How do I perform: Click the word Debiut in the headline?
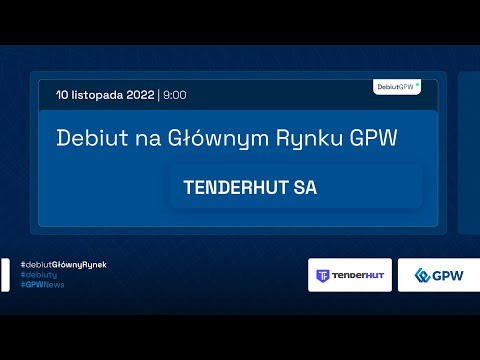87,139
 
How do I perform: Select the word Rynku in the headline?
289,139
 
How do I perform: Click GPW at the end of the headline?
372,139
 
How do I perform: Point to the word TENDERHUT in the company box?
236,187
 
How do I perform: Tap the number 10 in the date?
64,95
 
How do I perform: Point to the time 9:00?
174,95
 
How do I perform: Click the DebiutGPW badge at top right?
397,87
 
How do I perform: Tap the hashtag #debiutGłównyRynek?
63,264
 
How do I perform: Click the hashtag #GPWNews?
43,285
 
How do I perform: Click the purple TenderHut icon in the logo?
322,275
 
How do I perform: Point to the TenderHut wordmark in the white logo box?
358,275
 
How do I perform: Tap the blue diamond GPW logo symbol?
423,275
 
